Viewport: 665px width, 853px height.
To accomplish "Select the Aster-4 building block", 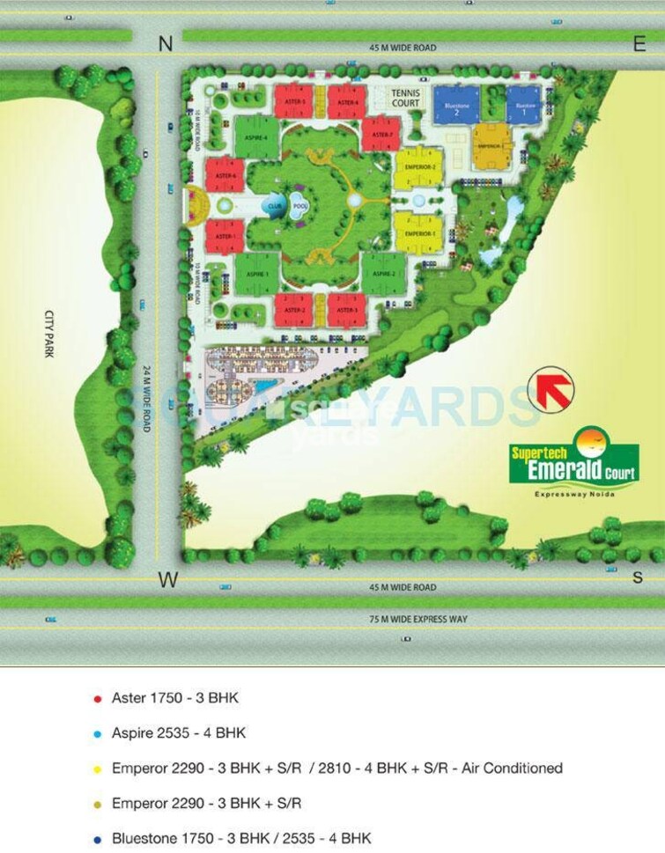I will click(x=347, y=102).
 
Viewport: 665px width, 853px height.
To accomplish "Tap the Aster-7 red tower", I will click(x=381, y=134).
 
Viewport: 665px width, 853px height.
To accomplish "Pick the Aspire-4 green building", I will click(x=256, y=136).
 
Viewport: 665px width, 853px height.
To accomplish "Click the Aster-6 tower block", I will click(x=225, y=175).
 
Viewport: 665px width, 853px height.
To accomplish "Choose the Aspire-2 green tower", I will click(x=383, y=274).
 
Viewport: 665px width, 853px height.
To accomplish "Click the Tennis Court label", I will click(x=406, y=97).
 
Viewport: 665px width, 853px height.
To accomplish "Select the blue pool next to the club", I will click(x=299, y=208).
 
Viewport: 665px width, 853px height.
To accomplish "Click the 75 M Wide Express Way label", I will click(x=417, y=620).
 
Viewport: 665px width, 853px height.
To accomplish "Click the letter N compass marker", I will click(x=165, y=44).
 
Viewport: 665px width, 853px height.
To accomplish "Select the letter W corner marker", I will click(x=166, y=578).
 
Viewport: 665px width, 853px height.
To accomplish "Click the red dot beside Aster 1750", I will click(x=96, y=699).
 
